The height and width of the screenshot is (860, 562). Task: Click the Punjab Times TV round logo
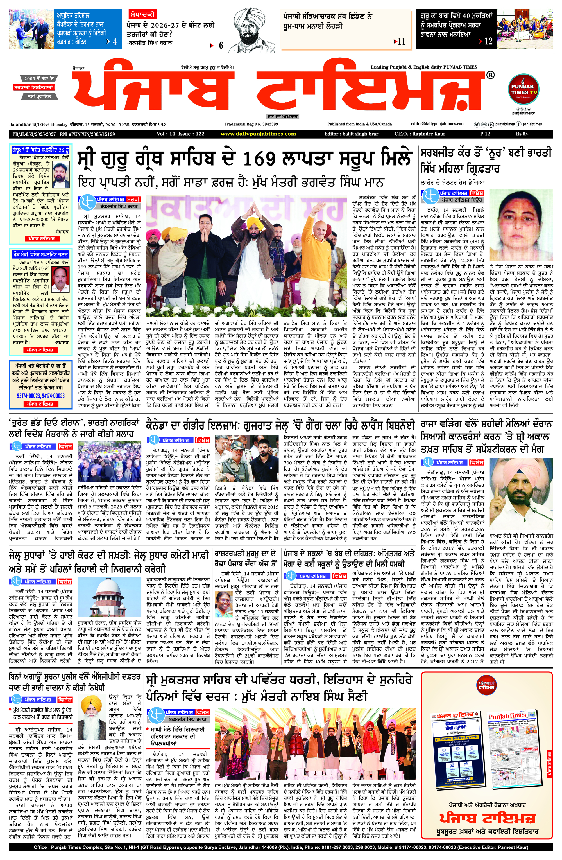524,90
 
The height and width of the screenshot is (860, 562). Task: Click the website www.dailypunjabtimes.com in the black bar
258,134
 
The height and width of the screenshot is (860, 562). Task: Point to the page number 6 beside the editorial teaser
221,45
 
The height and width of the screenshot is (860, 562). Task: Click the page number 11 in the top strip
401,42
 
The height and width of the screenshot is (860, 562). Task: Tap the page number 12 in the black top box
488,41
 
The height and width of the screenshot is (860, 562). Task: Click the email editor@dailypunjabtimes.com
438,124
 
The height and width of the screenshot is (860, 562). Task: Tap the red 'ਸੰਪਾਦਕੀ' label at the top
142,14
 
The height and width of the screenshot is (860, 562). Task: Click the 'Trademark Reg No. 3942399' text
251,124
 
